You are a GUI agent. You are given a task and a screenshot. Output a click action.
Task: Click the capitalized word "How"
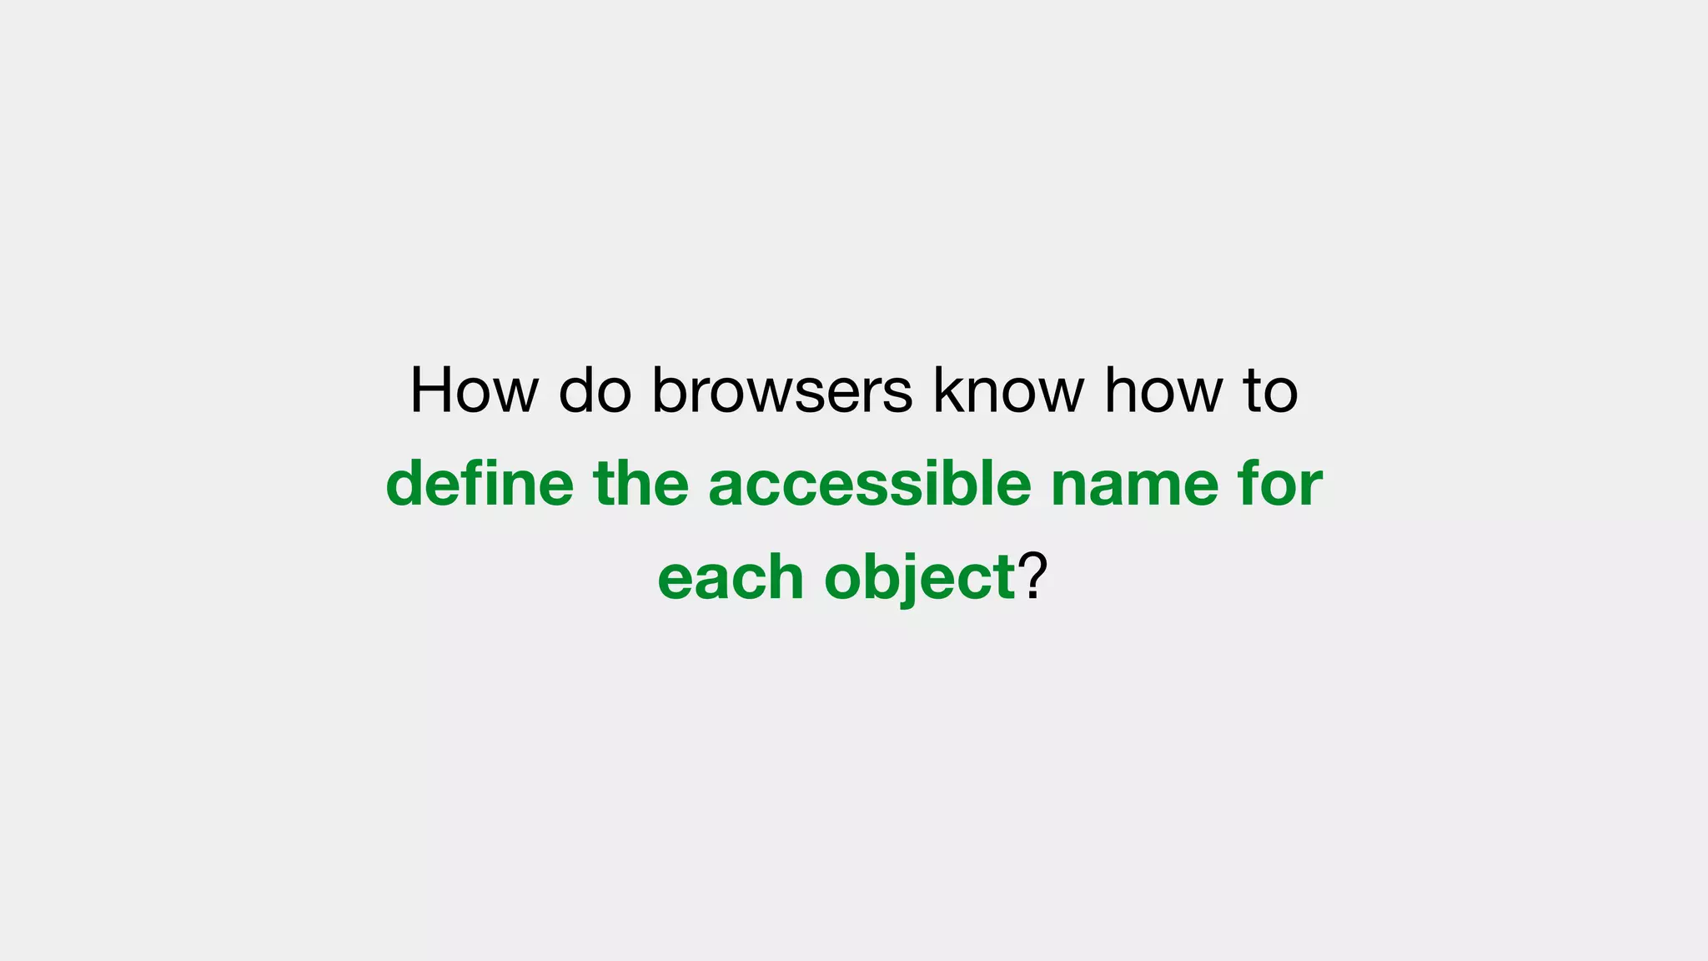(474, 390)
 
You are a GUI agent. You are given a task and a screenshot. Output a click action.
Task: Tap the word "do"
(595, 390)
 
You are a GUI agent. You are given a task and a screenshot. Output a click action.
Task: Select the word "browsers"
(781, 390)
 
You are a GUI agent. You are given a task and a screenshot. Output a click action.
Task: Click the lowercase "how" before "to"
(1164, 390)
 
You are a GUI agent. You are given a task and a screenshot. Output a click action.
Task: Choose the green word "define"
(480, 484)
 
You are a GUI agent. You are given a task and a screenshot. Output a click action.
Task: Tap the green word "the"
(640, 484)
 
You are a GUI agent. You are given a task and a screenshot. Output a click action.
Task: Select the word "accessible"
(870, 484)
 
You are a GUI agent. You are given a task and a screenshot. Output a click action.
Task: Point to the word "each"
(730, 577)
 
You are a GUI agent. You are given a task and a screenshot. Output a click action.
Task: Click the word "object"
(919, 577)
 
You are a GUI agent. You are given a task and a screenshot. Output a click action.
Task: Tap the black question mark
(1032, 576)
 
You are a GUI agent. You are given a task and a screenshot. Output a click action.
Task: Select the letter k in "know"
(946, 390)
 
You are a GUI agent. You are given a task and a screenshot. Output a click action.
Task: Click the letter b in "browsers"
(670, 390)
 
